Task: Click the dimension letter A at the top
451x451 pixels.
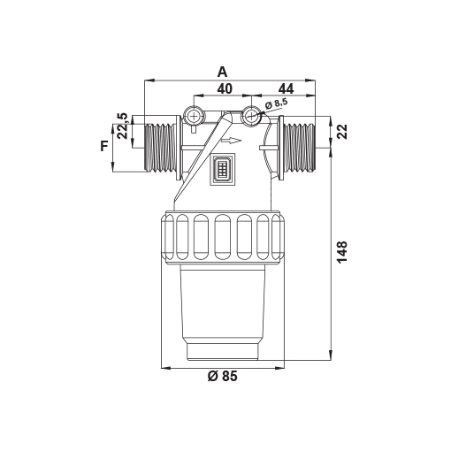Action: tap(223, 72)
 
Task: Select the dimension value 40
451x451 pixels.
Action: tap(225, 88)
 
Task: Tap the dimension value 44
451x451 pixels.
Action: tap(287, 88)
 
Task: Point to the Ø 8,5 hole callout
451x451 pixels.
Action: tap(277, 104)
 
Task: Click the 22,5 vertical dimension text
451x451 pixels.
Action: tap(122, 126)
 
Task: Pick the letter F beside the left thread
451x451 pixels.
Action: tap(104, 146)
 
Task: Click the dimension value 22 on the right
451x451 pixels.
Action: tap(342, 132)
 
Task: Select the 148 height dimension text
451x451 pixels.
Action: tap(342, 252)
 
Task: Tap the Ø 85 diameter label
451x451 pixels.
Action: tap(222, 376)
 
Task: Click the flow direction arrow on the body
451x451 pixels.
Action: tap(232, 141)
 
